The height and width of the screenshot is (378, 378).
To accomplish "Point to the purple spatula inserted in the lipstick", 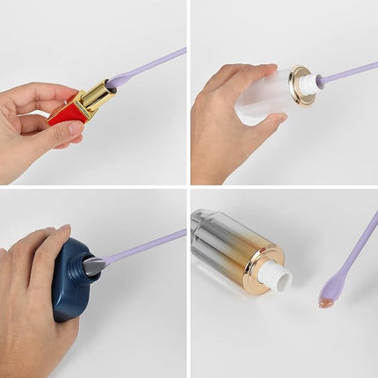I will [149, 66].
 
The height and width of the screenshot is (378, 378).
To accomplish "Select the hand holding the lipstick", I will [35, 119].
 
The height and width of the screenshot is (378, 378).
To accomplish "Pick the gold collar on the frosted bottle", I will [301, 84].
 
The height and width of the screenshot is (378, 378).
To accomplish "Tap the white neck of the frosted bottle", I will [313, 83].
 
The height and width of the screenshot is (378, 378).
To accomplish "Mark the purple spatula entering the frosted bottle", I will [347, 73].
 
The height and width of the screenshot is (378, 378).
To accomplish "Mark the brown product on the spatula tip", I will [326, 299].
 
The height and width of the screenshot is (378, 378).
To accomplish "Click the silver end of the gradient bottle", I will [204, 225].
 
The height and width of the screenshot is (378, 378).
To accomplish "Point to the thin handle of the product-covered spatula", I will [355, 247].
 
